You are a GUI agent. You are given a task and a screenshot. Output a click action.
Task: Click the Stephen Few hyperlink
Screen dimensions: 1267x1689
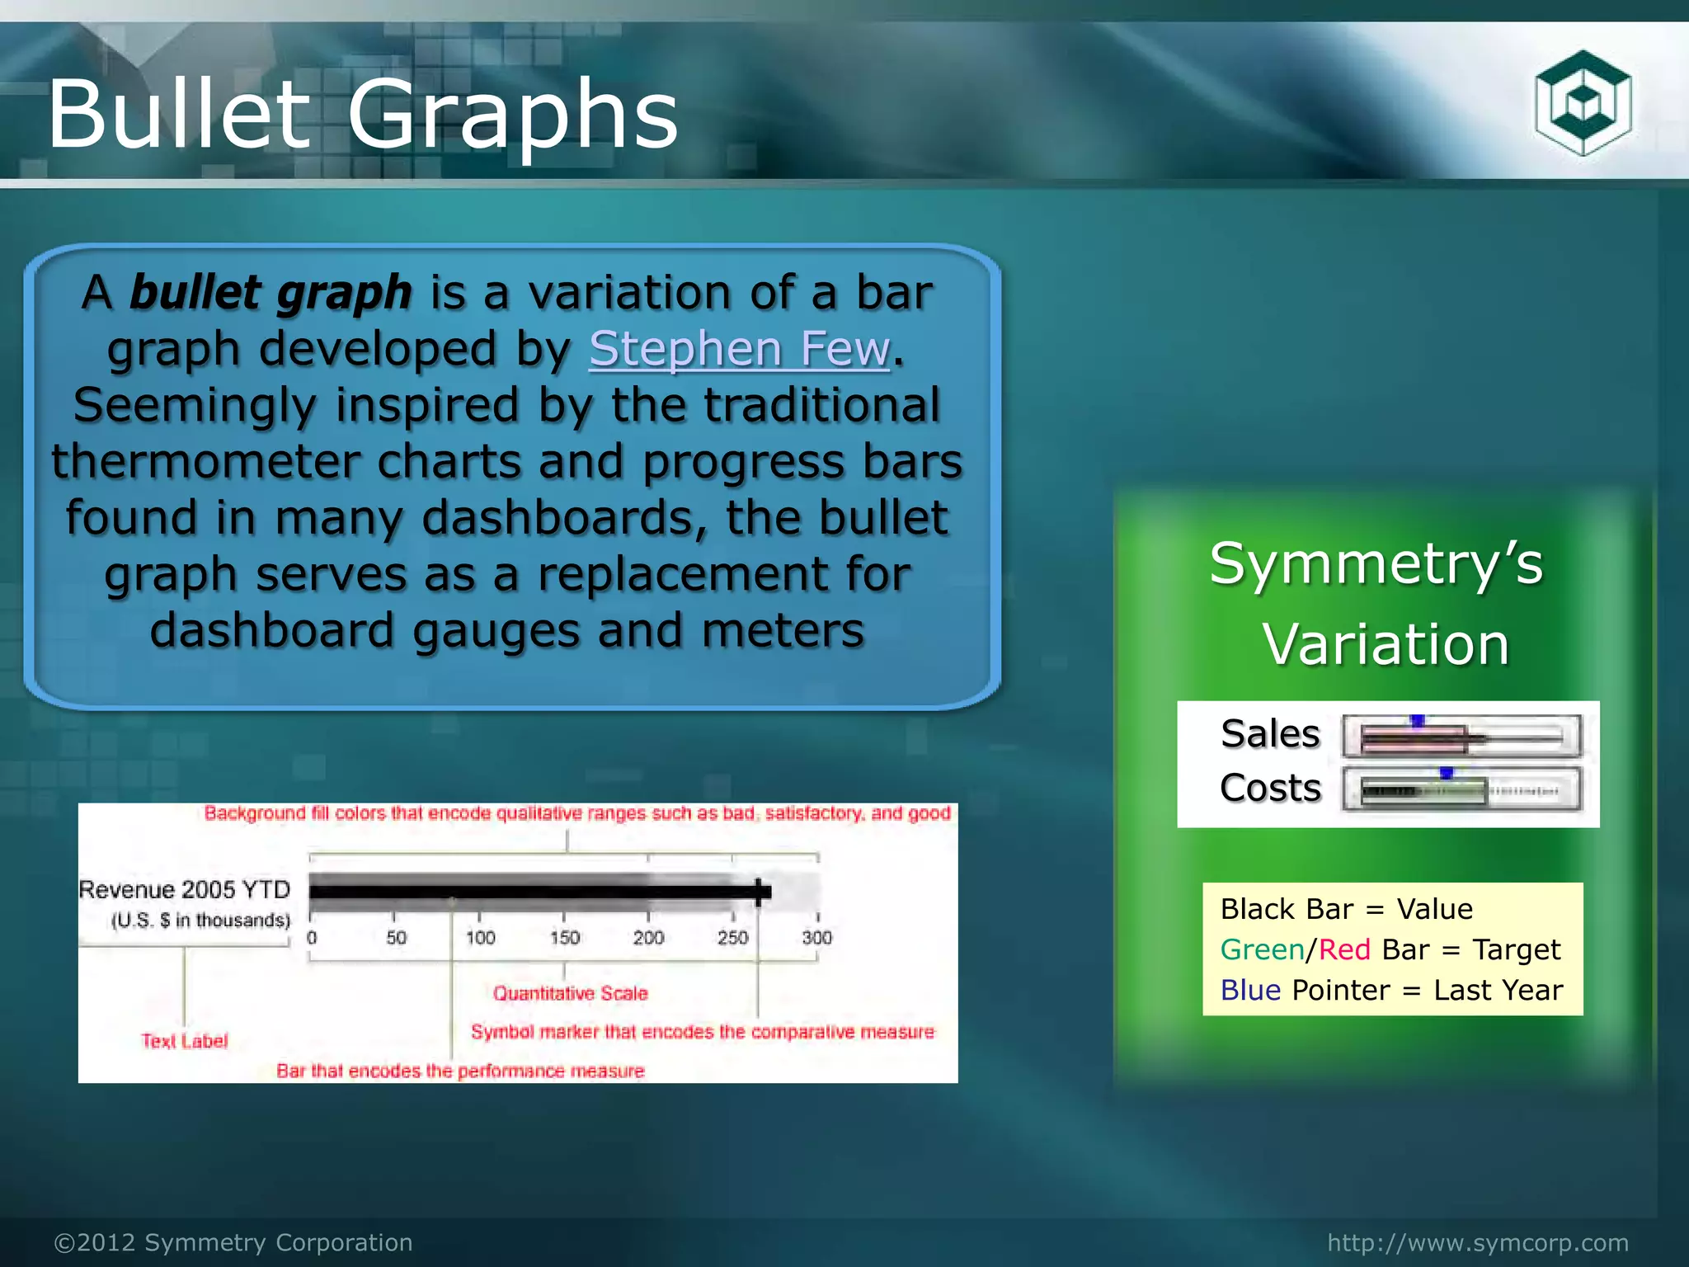click(739, 348)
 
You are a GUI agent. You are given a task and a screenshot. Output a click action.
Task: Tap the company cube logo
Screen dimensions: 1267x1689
click(1583, 103)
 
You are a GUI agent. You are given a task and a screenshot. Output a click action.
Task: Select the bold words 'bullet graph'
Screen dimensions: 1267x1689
click(271, 292)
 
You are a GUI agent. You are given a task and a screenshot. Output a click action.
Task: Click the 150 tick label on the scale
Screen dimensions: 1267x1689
click(565, 938)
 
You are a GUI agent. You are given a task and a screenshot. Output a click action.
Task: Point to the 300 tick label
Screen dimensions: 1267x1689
click(816, 938)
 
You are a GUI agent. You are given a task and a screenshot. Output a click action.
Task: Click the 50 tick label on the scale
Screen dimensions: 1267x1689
click(396, 938)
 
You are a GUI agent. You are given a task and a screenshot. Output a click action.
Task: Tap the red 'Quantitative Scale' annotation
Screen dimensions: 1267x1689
click(570, 993)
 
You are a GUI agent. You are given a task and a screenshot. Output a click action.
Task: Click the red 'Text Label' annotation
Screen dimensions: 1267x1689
click(184, 1041)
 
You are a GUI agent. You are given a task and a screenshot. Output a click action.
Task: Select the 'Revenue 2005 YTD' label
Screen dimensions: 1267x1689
click(185, 889)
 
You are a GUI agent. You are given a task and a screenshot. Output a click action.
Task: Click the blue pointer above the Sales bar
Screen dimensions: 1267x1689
click(1417, 721)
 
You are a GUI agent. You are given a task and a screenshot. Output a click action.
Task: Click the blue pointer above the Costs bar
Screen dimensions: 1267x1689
click(1446, 773)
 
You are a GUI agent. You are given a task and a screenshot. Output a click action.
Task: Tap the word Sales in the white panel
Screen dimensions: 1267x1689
click(1270, 733)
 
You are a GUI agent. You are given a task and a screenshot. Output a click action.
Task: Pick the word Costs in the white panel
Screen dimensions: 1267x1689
click(1270, 788)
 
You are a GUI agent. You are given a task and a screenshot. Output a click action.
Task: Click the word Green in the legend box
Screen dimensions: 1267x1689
click(1262, 949)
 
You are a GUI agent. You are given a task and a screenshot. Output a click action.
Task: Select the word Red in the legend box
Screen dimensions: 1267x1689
click(1344, 949)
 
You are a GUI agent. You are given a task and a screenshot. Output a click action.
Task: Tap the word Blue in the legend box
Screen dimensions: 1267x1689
click(1250, 990)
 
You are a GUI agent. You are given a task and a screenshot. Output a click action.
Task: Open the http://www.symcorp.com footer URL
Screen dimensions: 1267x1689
click(1478, 1242)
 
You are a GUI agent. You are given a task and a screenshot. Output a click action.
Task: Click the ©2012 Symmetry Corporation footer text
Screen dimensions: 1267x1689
click(233, 1242)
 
